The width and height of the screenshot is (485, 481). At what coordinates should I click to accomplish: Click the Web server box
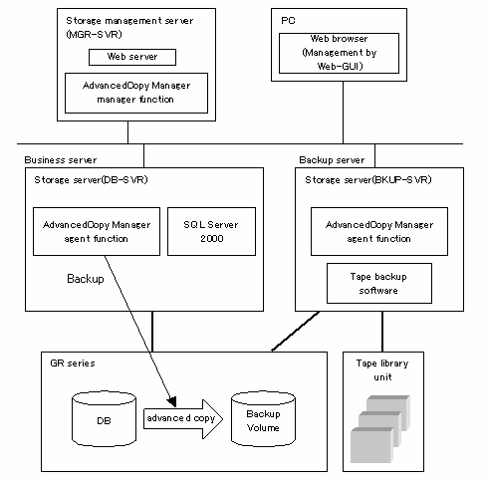132,57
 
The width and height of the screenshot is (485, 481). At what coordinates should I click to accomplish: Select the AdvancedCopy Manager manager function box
136,93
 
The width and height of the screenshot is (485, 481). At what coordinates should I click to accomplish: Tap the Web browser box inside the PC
339,53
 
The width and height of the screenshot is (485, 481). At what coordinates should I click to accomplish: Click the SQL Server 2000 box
211,231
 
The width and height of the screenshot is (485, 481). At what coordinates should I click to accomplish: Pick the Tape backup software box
379,283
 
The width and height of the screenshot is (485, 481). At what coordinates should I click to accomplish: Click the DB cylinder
104,419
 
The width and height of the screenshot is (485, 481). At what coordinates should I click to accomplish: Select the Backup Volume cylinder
263,419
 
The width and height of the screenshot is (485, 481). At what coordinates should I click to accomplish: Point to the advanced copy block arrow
183,419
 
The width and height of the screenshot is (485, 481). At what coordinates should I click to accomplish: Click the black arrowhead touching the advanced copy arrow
172,401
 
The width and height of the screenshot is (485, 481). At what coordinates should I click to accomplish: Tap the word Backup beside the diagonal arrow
86,279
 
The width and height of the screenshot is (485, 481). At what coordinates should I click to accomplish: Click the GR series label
73,363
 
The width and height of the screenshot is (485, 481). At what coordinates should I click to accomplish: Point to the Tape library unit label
382,370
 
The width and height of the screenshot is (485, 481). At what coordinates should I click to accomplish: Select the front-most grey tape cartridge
371,445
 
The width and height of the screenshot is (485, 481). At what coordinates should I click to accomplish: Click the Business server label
61,160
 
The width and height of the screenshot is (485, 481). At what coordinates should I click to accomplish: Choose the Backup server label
332,160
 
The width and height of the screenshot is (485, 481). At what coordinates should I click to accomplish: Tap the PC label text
288,21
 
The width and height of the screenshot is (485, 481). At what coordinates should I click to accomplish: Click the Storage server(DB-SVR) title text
91,180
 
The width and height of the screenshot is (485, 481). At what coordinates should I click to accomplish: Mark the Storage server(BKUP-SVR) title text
368,180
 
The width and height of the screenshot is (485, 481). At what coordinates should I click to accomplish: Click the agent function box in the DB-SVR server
97,231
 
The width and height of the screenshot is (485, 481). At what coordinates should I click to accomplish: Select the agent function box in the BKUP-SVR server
379,231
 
